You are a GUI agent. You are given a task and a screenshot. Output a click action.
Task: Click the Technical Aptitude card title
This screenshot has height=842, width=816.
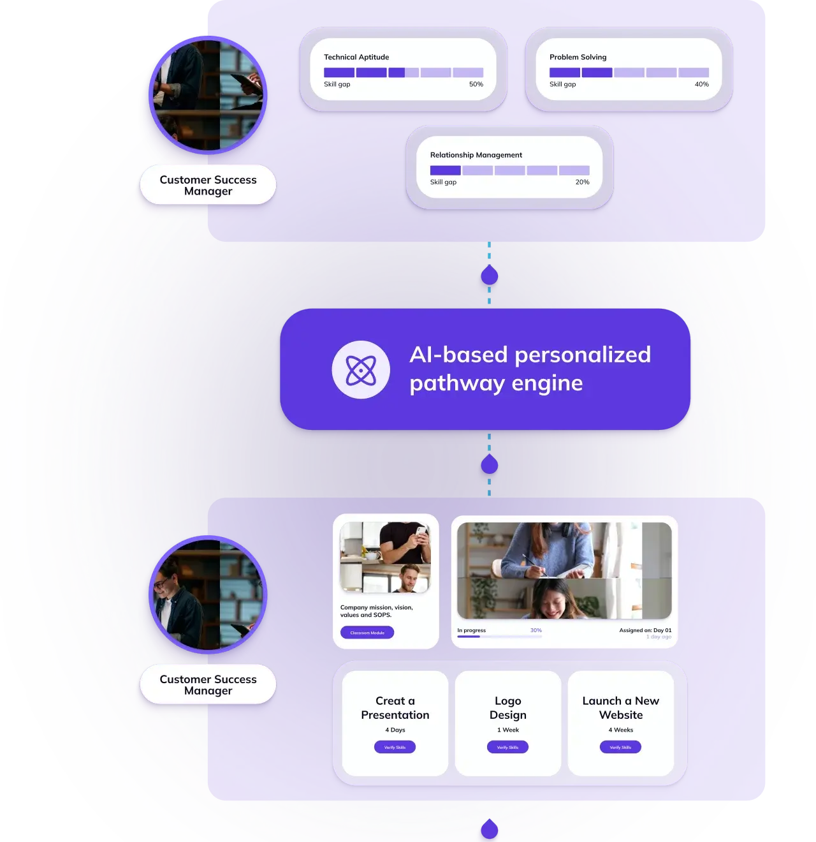tap(356, 57)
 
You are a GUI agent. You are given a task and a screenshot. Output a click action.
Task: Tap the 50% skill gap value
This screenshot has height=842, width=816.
tap(476, 84)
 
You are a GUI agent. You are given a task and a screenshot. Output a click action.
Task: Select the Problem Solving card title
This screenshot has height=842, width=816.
tap(578, 57)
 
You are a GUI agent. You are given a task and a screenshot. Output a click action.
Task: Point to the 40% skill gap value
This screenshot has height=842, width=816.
tap(701, 84)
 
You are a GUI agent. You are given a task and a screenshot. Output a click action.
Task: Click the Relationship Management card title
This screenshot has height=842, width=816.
tap(476, 155)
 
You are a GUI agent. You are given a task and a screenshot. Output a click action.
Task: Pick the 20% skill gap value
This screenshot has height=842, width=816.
tap(582, 182)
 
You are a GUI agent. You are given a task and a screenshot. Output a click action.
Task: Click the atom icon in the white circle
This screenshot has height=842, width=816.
tap(361, 370)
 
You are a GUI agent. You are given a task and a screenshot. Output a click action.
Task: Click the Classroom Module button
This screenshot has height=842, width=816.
tap(367, 633)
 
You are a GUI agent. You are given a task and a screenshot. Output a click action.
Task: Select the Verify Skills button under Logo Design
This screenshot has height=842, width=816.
tap(507, 747)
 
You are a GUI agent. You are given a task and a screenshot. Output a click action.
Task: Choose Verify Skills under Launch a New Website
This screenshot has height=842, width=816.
tap(620, 747)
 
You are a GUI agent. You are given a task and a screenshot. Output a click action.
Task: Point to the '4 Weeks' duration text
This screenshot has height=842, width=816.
tap(620, 730)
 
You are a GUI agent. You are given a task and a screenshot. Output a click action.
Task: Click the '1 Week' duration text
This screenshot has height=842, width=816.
tap(508, 730)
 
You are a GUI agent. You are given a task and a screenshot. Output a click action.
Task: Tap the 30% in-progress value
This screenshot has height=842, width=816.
tap(535, 630)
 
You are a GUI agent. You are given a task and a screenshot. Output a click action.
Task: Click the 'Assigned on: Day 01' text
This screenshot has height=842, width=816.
tap(645, 630)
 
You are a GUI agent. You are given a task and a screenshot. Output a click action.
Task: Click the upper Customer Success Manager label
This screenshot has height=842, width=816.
tap(208, 185)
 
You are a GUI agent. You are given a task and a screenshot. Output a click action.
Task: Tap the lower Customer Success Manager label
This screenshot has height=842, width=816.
tap(208, 684)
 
